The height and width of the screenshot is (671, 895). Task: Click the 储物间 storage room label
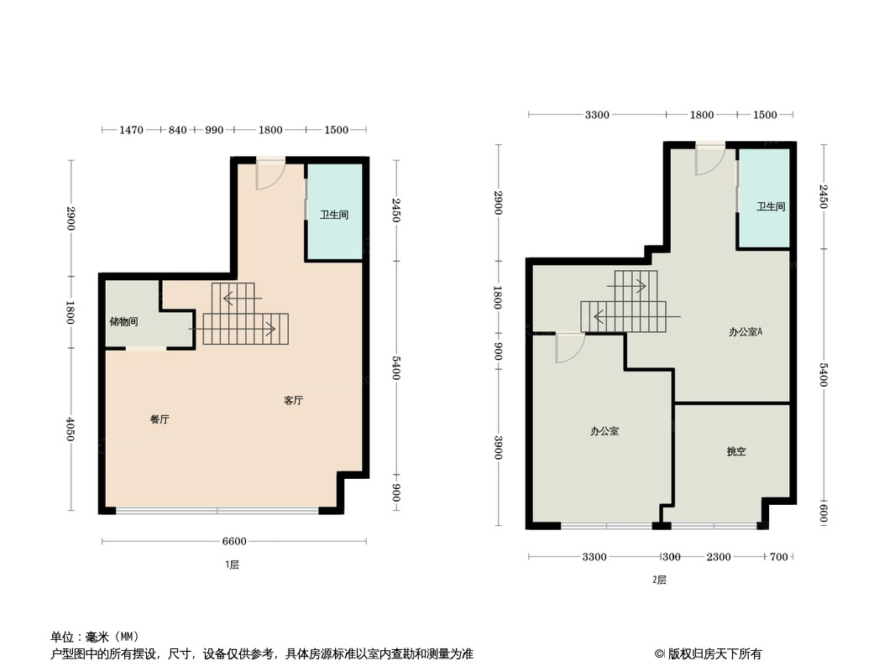coord(123,321)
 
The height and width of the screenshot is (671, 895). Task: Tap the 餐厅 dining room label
coord(160,419)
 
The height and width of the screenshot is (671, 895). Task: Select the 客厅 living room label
coord(293,401)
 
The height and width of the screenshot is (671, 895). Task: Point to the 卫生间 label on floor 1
coord(333,215)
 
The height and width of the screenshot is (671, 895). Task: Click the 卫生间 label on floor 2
coord(770,206)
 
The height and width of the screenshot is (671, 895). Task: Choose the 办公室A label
coord(746,331)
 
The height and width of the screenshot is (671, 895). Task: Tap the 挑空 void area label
coord(735,451)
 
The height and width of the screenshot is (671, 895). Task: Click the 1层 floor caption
coord(233,565)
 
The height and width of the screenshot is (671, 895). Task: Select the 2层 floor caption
coord(659,580)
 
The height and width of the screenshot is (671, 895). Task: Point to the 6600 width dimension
coord(234,541)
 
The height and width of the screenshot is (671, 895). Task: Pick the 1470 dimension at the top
coord(132,130)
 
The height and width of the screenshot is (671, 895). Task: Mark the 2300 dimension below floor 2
coord(718,557)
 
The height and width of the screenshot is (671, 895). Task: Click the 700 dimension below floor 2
coord(778,557)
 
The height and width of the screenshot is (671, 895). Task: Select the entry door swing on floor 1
coord(270,174)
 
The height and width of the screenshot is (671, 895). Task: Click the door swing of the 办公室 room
coord(568,347)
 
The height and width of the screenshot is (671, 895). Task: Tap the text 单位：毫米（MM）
coord(95,637)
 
